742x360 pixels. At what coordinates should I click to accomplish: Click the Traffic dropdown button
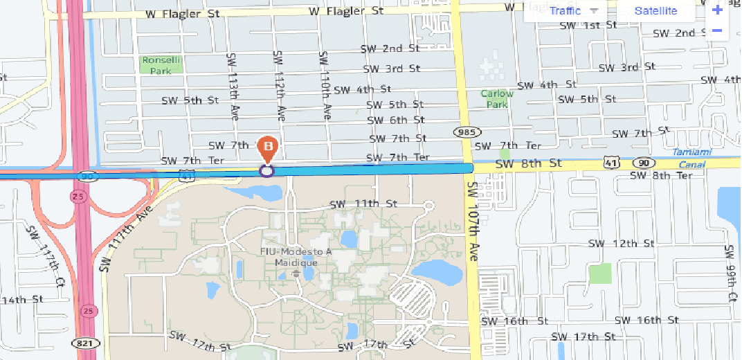573,11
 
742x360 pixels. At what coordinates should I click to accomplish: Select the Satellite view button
655,11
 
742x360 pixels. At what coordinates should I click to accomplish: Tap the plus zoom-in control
717,10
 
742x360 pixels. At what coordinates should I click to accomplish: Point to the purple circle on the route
267,170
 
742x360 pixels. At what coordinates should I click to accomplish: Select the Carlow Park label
497,99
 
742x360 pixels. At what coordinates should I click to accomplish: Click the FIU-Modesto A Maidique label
296,257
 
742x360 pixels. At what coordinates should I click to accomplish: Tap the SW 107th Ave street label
473,221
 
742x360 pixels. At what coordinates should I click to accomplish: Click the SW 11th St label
363,204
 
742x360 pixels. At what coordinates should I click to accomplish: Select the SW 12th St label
621,244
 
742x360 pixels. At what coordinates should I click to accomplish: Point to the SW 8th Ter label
662,176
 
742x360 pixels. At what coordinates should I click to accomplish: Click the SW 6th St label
395,120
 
